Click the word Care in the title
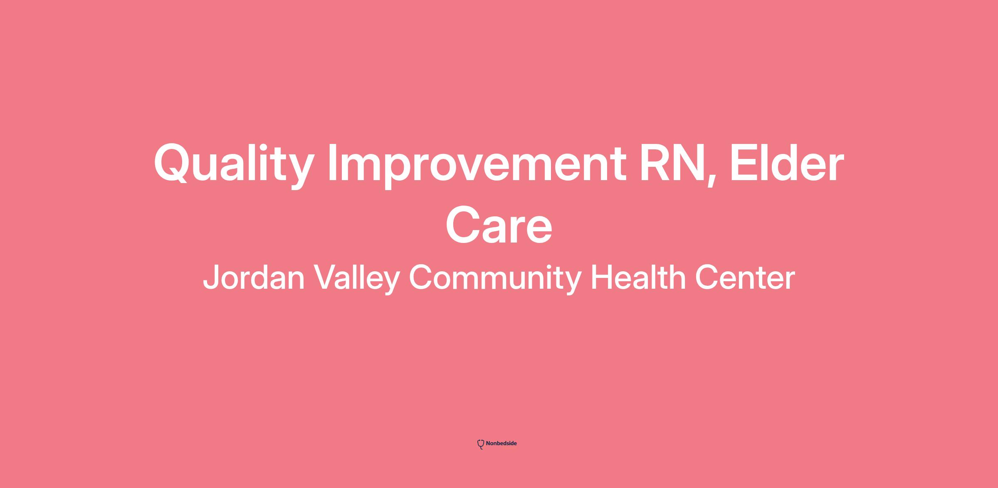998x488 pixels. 499,225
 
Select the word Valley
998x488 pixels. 356,279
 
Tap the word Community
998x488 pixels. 495,279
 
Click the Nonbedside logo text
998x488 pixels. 501,443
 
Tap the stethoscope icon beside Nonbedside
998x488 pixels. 481,444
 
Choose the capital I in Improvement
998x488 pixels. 332,162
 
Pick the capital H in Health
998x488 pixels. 601,277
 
